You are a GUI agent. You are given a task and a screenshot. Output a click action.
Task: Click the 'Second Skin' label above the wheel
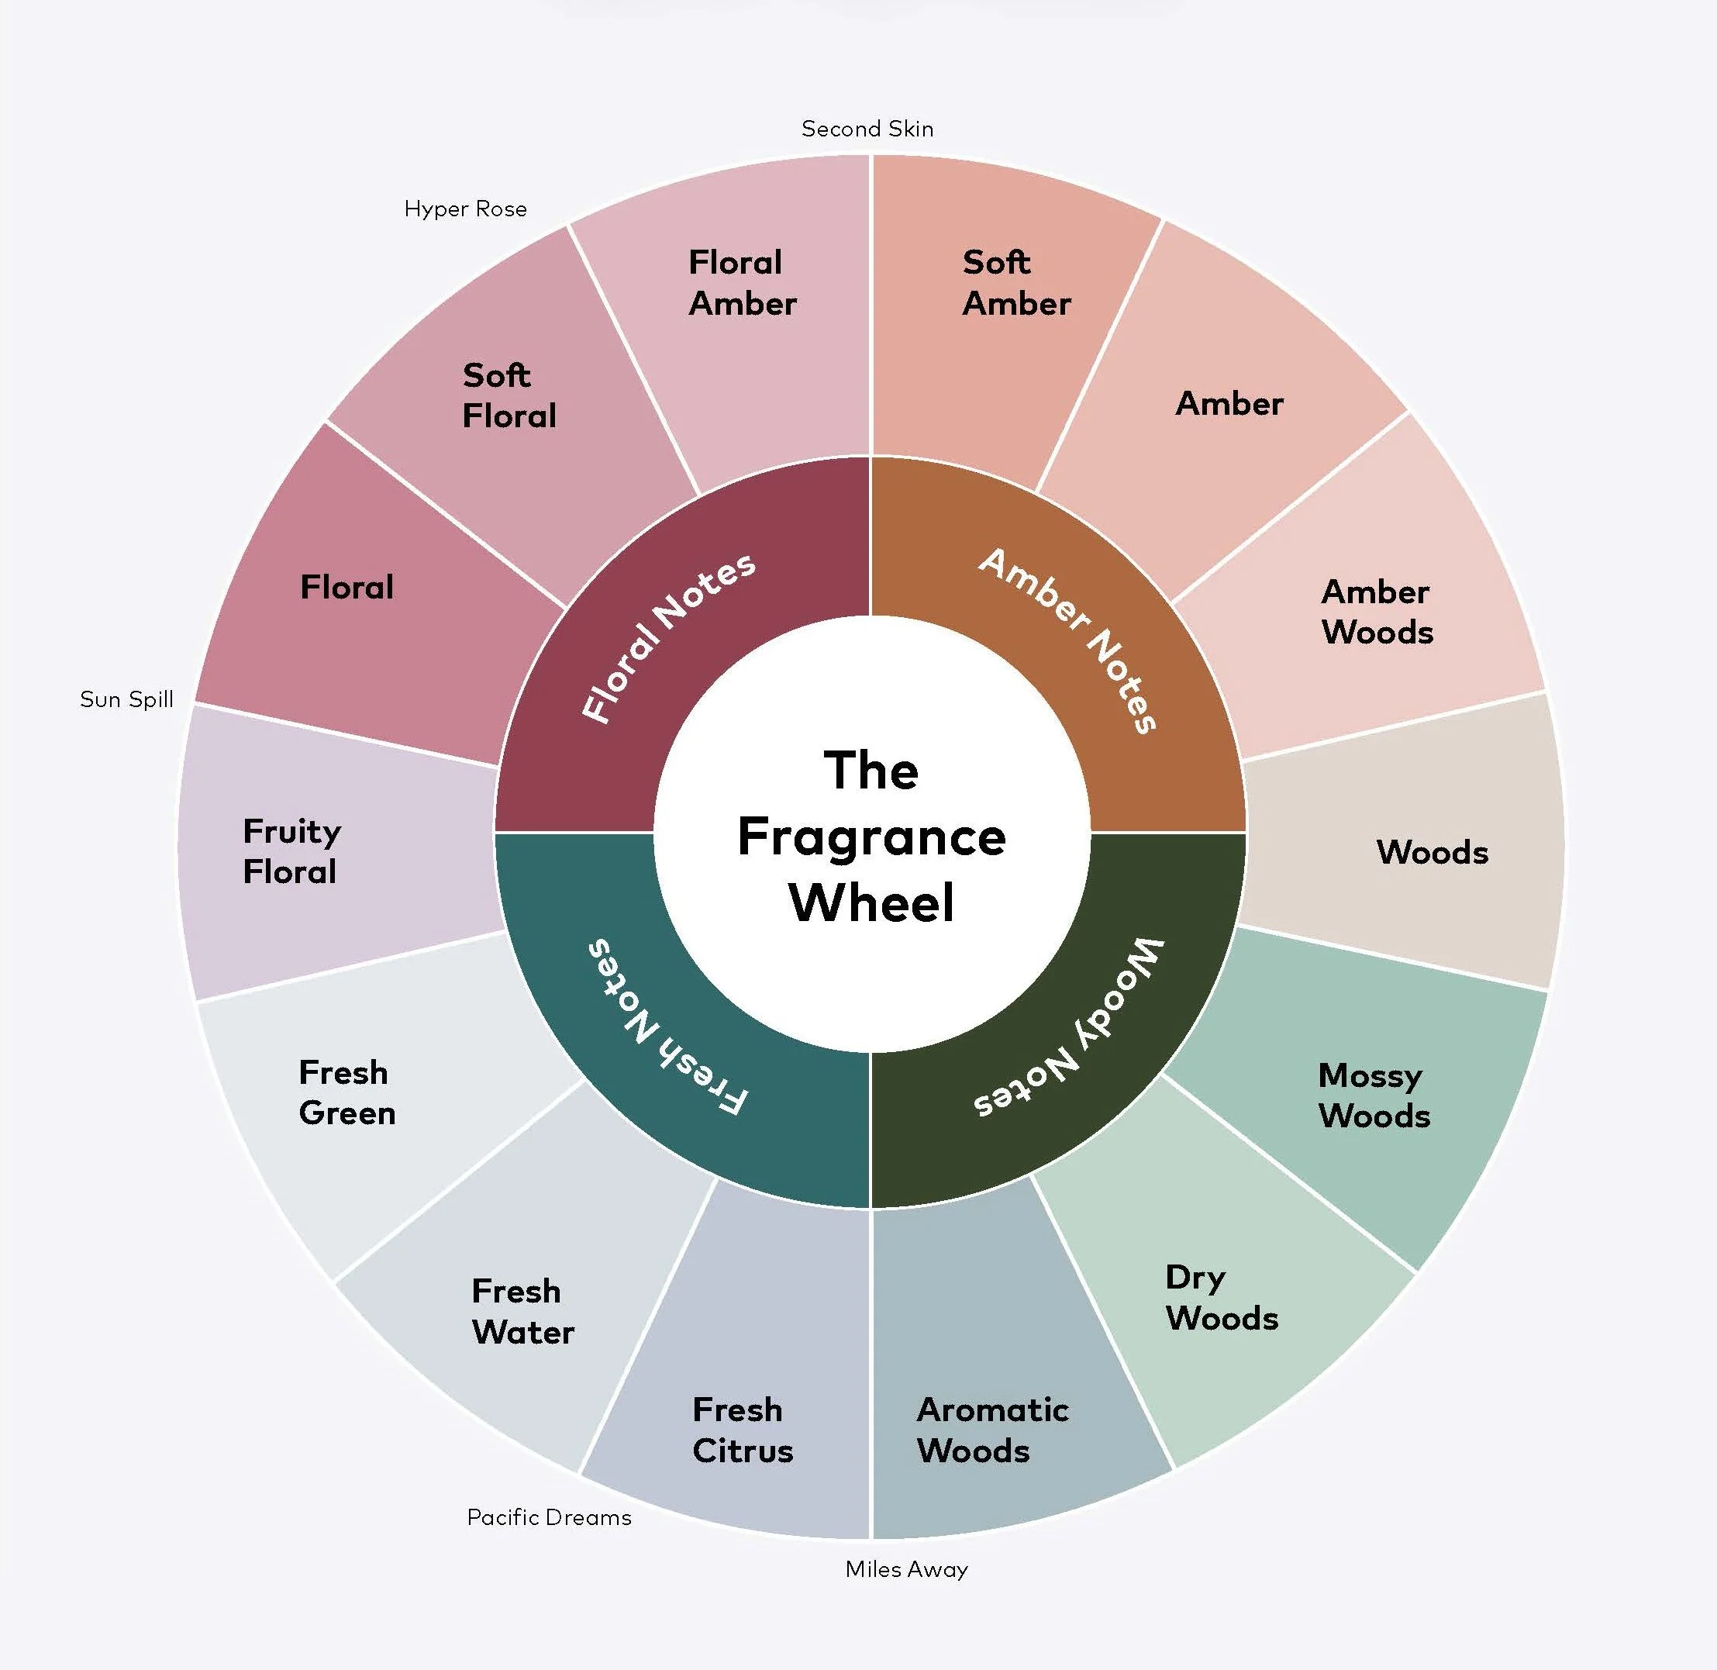click(x=867, y=129)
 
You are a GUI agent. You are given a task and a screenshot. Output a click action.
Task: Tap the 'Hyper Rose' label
click(x=465, y=209)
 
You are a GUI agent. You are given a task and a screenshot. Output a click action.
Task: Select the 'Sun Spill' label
click(x=126, y=699)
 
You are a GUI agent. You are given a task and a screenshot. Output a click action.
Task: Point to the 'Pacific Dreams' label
click(x=548, y=1516)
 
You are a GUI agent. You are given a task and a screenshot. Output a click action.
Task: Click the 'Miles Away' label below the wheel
click(x=906, y=1568)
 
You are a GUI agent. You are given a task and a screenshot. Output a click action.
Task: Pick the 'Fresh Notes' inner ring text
click(x=667, y=1026)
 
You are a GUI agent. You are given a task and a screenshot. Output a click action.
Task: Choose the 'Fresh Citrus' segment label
click(x=742, y=1430)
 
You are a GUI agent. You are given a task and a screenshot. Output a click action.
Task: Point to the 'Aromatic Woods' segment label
click(x=991, y=1430)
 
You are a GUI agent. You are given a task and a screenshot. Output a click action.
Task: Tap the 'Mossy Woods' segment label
click(x=1374, y=1095)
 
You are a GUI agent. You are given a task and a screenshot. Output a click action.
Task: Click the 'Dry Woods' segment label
click(x=1221, y=1297)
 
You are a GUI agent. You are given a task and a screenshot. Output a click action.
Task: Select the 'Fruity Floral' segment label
click(x=291, y=851)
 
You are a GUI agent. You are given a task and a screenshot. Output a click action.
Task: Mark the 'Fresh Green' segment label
click(x=347, y=1092)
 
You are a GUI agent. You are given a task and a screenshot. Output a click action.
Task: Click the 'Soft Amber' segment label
click(x=1015, y=282)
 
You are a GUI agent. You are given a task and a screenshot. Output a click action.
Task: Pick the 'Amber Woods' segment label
click(x=1377, y=612)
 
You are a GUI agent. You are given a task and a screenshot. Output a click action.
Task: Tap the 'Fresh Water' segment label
click(x=522, y=1311)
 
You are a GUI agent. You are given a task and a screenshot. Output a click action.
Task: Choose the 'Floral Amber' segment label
click(x=742, y=282)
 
